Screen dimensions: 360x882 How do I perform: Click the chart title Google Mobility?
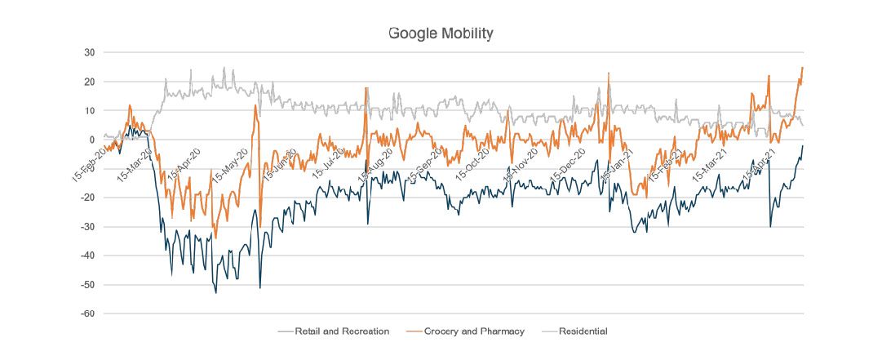(x=441, y=33)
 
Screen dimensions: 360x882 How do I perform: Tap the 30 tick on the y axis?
(x=90, y=53)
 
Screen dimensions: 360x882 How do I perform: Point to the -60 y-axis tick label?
(x=88, y=313)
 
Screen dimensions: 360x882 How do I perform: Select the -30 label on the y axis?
(x=88, y=227)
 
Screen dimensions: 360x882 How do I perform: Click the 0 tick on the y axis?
(x=92, y=140)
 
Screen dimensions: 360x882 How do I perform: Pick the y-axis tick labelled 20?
(x=90, y=82)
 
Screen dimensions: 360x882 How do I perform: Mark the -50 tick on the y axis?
(x=88, y=285)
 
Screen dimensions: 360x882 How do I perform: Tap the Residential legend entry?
(x=583, y=331)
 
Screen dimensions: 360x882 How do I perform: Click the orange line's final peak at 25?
(x=803, y=68)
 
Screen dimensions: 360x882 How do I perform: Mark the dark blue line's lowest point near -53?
(x=216, y=292)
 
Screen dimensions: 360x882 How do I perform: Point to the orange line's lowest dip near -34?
(x=215, y=238)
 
